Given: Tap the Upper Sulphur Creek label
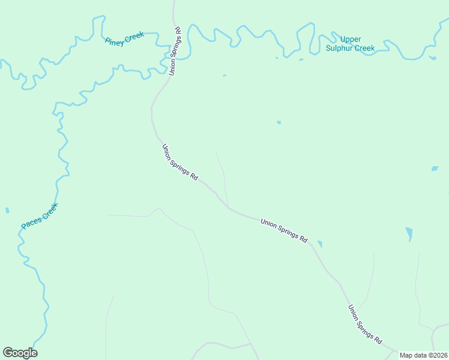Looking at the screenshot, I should (350, 44).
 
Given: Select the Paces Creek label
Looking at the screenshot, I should (40, 216).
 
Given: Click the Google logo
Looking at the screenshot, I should (20, 353).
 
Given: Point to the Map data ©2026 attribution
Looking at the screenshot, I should (423, 355).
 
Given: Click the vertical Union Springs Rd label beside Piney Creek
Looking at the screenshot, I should (175, 50).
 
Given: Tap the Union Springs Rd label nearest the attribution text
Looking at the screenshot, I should (365, 324).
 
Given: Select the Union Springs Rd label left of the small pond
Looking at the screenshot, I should (284, 230).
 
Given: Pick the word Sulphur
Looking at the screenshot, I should (340, 48).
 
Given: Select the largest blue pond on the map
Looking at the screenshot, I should (409, 233).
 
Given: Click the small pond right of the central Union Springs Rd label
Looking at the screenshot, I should (320, 244).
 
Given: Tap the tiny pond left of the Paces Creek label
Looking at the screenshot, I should (7, 211).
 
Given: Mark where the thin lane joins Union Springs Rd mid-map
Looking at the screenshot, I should (228, 207).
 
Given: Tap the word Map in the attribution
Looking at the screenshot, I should (406, 355).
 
